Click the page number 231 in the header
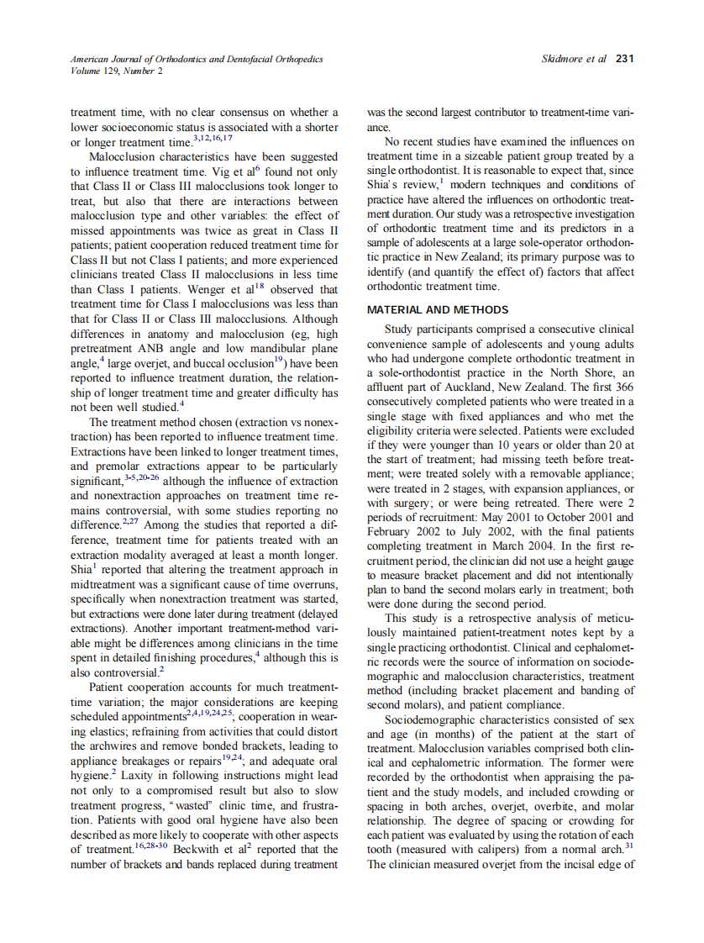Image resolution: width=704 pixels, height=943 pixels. click(x=623, y=60)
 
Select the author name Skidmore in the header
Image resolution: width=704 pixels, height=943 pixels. click(x=566, y=60)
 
